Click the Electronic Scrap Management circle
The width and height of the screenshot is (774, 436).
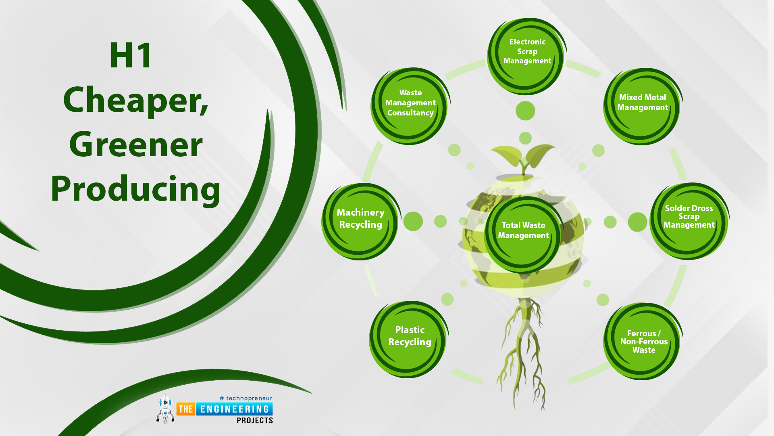[526, 56]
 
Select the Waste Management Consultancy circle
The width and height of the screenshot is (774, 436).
[410, 106]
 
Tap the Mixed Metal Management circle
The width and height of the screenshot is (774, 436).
[643, 106]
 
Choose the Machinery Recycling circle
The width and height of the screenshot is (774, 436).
[361, 221]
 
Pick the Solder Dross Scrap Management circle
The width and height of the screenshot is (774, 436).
[689, 221]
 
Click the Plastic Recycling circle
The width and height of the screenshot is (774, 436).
[409, 339]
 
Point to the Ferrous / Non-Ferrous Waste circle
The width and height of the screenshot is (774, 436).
[643, 341]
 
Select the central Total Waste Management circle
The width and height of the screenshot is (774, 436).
[523, 235]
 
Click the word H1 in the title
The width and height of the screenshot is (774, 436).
[131, 55]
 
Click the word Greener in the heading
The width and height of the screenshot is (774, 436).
[136, 145]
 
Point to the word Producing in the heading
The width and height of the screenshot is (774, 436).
[135, 189]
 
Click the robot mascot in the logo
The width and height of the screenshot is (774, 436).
[165, 409]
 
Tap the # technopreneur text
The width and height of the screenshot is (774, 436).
[246, 398]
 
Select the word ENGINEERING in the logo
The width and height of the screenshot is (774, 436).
[234, 409]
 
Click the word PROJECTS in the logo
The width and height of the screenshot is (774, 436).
[255, 420]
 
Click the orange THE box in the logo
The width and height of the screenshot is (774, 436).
[186, 409]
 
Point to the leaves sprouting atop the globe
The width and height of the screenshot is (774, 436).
[523, 157]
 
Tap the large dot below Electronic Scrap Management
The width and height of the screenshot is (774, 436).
[525, 111]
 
